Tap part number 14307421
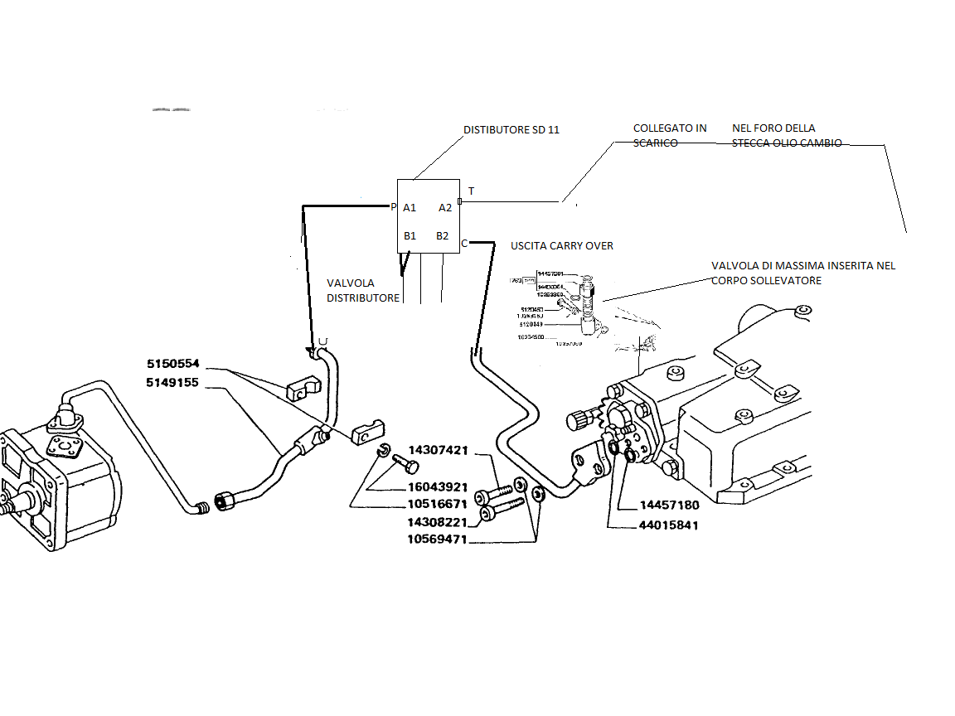click(437, 451)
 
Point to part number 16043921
click(437, 486)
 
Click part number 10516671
click(437, 503)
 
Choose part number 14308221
click(437, 523)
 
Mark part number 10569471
click(437, 539)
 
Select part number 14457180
click(670, 506)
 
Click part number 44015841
click(670, 525)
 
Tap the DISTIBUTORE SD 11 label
click(511, 130)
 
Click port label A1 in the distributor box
click(410, 208)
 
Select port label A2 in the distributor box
click(445, 208)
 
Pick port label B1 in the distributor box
click(410, 236)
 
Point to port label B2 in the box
click(443, 236)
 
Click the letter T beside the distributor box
click(472, 191)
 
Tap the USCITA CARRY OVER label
click(562, 246)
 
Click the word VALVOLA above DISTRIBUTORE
click(350, 283)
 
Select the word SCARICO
click(655, 143)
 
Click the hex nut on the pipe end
click(225, 501)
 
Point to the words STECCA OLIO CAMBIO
click(787, 143)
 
